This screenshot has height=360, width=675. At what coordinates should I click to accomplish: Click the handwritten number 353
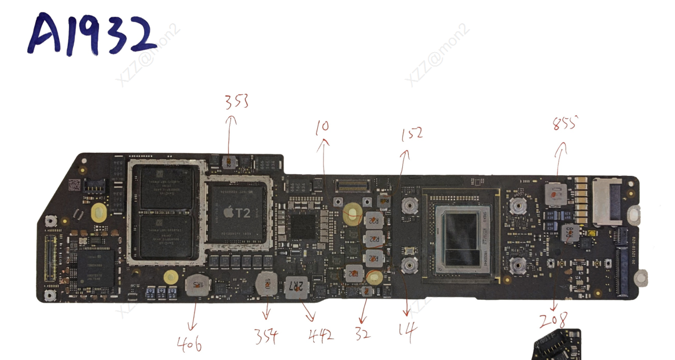click(x=236, y=102)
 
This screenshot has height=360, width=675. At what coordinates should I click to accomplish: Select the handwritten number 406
click(x=189, y=345)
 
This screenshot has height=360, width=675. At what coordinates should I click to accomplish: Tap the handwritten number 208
click(x=553, y=321)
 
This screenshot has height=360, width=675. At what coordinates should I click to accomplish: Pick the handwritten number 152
click(x=412, y=134)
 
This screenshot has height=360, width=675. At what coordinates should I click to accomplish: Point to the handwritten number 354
click(x=266, y=335)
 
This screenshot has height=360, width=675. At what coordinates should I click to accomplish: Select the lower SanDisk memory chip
click(x=166, y=236)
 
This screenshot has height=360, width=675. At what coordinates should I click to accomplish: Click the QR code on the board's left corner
click(x=74, y=185)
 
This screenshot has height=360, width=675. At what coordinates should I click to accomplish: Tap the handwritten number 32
click(x=362, y=334)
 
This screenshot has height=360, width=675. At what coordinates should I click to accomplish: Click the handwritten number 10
click(x=322, y=126)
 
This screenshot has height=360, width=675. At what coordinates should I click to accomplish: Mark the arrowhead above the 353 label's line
click(x=232, y=119)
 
